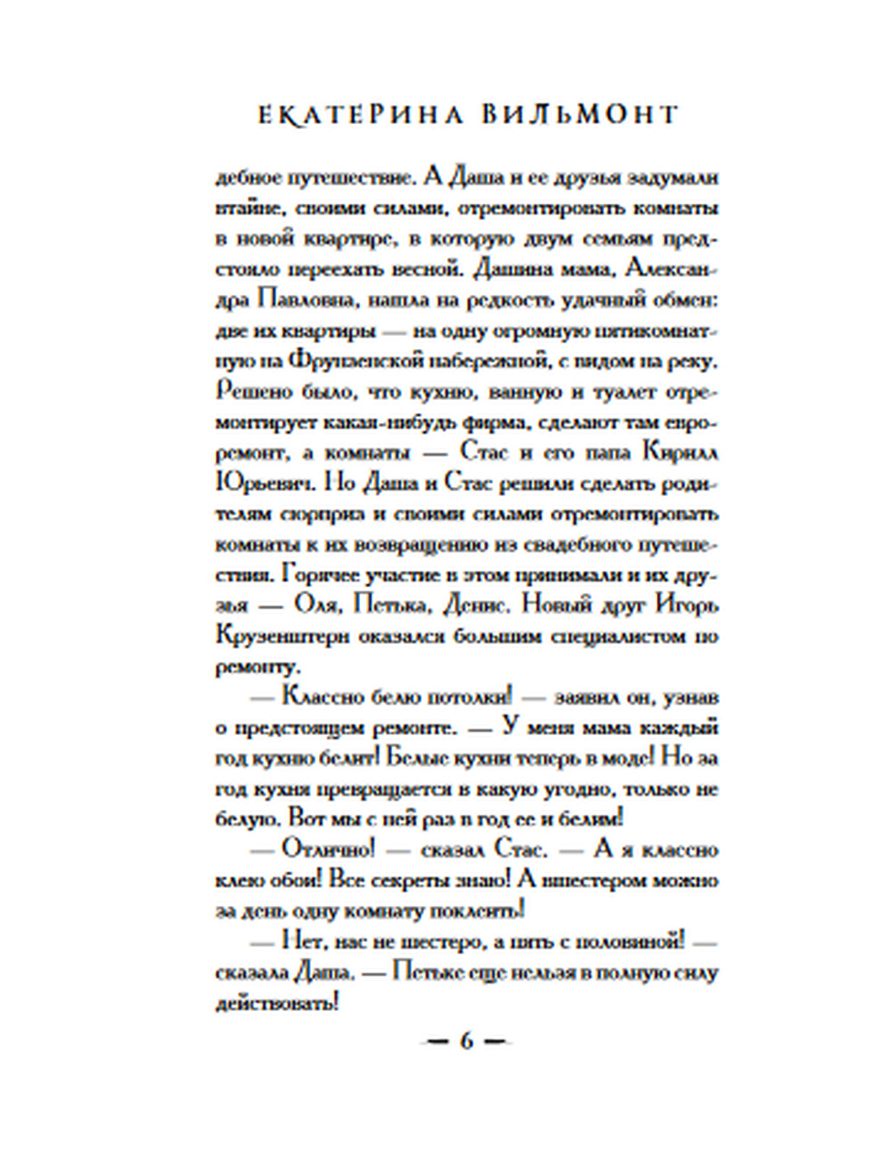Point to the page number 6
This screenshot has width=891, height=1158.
pos(465,1040)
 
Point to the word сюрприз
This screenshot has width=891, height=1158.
pos(323,514)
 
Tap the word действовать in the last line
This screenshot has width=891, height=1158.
pos(277,1002)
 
